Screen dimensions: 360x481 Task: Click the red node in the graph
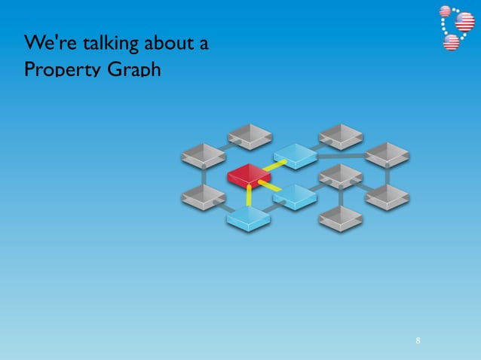point(249,176)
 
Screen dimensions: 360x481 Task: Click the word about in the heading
point(167,43)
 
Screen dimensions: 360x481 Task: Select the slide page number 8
point(418,341)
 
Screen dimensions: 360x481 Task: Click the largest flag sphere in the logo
point(464,22)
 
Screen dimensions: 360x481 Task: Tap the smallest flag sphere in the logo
point(445,11)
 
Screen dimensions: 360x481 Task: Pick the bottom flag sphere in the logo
point(452,42)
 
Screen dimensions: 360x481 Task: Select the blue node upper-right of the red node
point(295,155)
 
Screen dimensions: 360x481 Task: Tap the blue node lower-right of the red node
point(294,197)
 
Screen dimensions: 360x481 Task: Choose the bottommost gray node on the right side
point(341,218)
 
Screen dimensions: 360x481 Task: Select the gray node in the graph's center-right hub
point(341,176)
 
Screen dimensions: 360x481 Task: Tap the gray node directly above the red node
point(250,136)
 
